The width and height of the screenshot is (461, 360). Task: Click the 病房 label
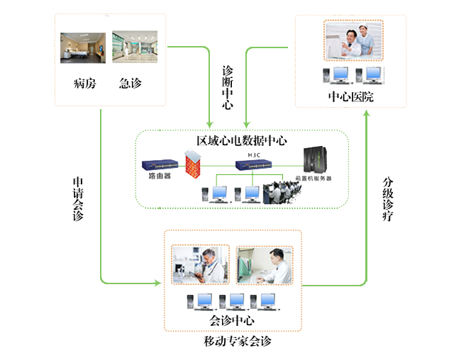click(x=84, y=83)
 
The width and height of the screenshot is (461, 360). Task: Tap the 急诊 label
click(x=130, y=83)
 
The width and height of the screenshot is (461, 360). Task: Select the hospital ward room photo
click(x=83, y=48)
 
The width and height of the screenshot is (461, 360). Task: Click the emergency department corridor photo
click(x=135, y=48)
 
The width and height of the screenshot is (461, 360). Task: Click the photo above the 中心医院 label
click(x=353, y=41)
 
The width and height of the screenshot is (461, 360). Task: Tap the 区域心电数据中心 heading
click(x=241, y=140)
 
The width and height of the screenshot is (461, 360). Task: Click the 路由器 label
click(x=159, y=176)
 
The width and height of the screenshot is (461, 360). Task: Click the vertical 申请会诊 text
click(x=77, y=199)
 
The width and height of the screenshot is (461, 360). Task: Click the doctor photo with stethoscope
click(x=201, y=264)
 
